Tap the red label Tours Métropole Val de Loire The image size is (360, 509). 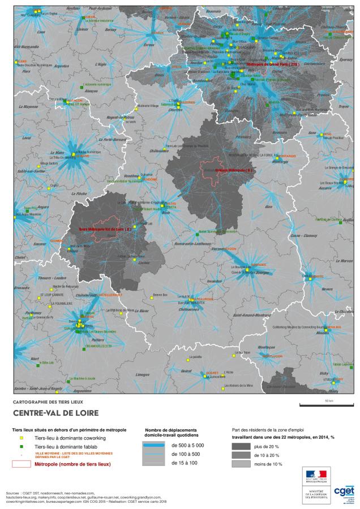[105, 229]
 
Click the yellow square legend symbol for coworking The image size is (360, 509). [22, 438]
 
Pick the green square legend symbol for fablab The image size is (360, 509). [22, 446]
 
